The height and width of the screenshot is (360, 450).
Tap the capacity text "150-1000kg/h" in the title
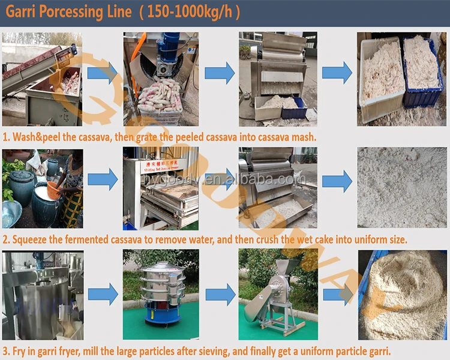pos(190,11)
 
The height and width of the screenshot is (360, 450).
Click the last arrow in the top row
pos(337,73)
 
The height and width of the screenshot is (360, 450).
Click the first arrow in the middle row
pos(103,179)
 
